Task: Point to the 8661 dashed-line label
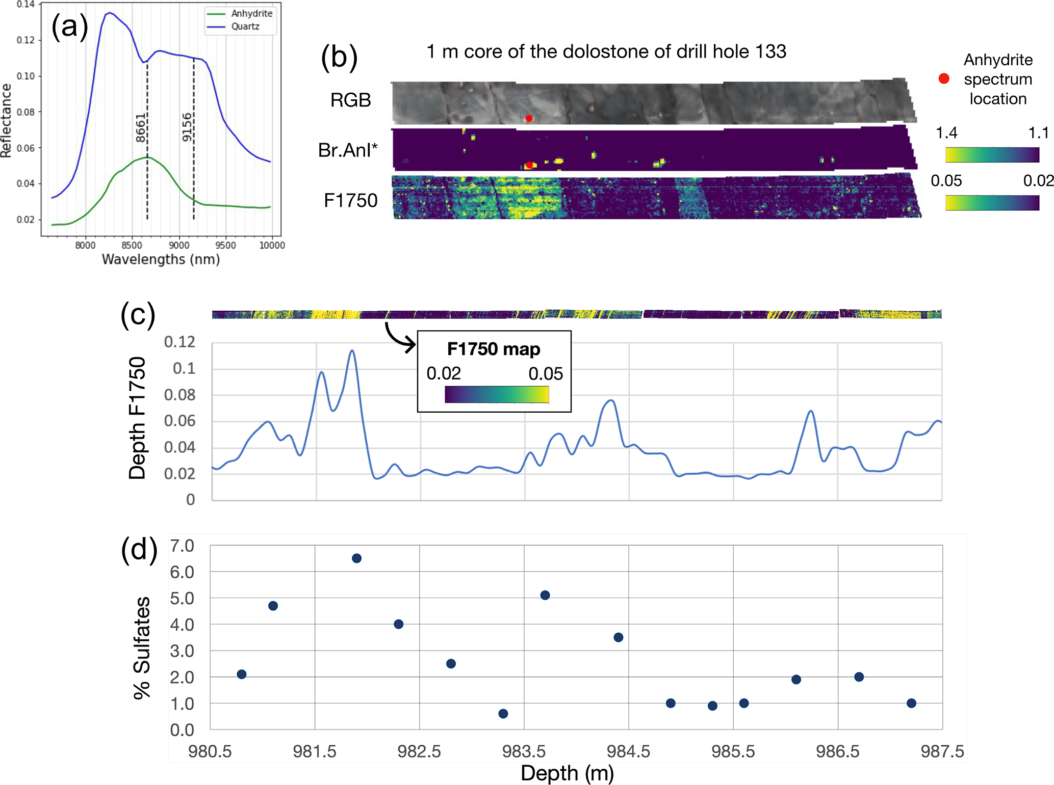[x=141, y=128]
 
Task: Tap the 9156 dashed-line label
[x=187, y=127]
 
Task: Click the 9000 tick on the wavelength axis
[x=178, y=245]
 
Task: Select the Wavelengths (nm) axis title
[x=161, y=259]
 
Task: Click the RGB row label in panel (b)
[x=350, y=100]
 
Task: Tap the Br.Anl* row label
[x=348, y=150]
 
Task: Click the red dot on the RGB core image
[x=529, y=118]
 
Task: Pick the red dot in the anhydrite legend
[x=944, y=78]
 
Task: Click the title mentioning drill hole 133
[x=606, y=51]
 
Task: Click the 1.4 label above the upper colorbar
[x=946, y=133]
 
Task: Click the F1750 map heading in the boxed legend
[x=493, y=349]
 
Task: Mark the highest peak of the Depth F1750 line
[x=352, y=350]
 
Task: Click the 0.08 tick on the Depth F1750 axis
[x=179, y=395]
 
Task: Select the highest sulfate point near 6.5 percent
[x=356, y=558]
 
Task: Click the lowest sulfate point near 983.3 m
[x=503, y=713]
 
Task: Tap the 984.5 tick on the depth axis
[x=628, y=751]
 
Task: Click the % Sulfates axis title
[x=142, y=647]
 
